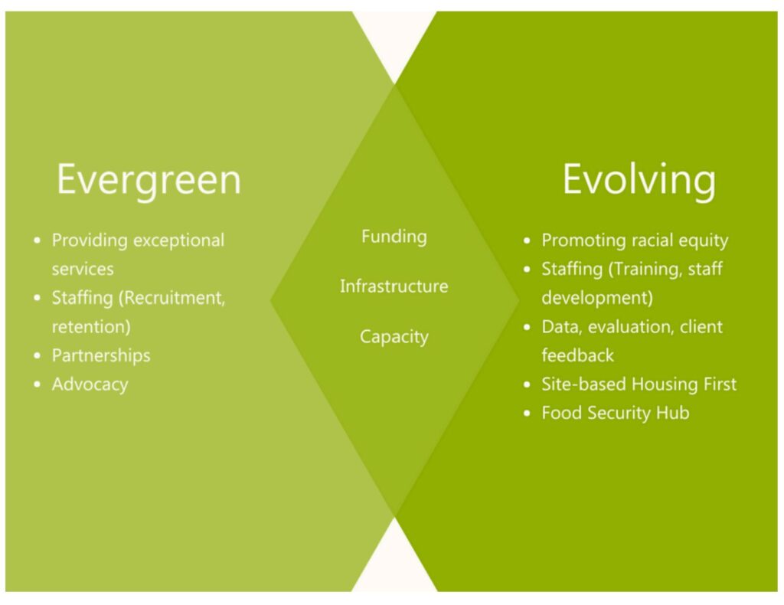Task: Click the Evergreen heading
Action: pos(149,180)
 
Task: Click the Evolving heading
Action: pos(639,180)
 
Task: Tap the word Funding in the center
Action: pos(394,237)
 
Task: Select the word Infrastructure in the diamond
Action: pos(394,286)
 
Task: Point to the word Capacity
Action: pos(394,336)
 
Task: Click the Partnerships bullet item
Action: pos(101,355)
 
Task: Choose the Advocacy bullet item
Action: pos(90,384)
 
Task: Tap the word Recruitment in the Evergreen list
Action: pos(171,298)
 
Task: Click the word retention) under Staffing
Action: pos(91,327)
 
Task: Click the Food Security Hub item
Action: pos(616,413)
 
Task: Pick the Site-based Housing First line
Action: pos(639,384)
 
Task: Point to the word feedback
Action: pos(577,355)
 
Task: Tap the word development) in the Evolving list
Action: pos(597,298)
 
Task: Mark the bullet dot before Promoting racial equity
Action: pos(527,240)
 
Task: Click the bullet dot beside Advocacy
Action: pos(37,384)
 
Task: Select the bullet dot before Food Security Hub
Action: pos(527,414)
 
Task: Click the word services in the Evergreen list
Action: pos(83,270)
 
